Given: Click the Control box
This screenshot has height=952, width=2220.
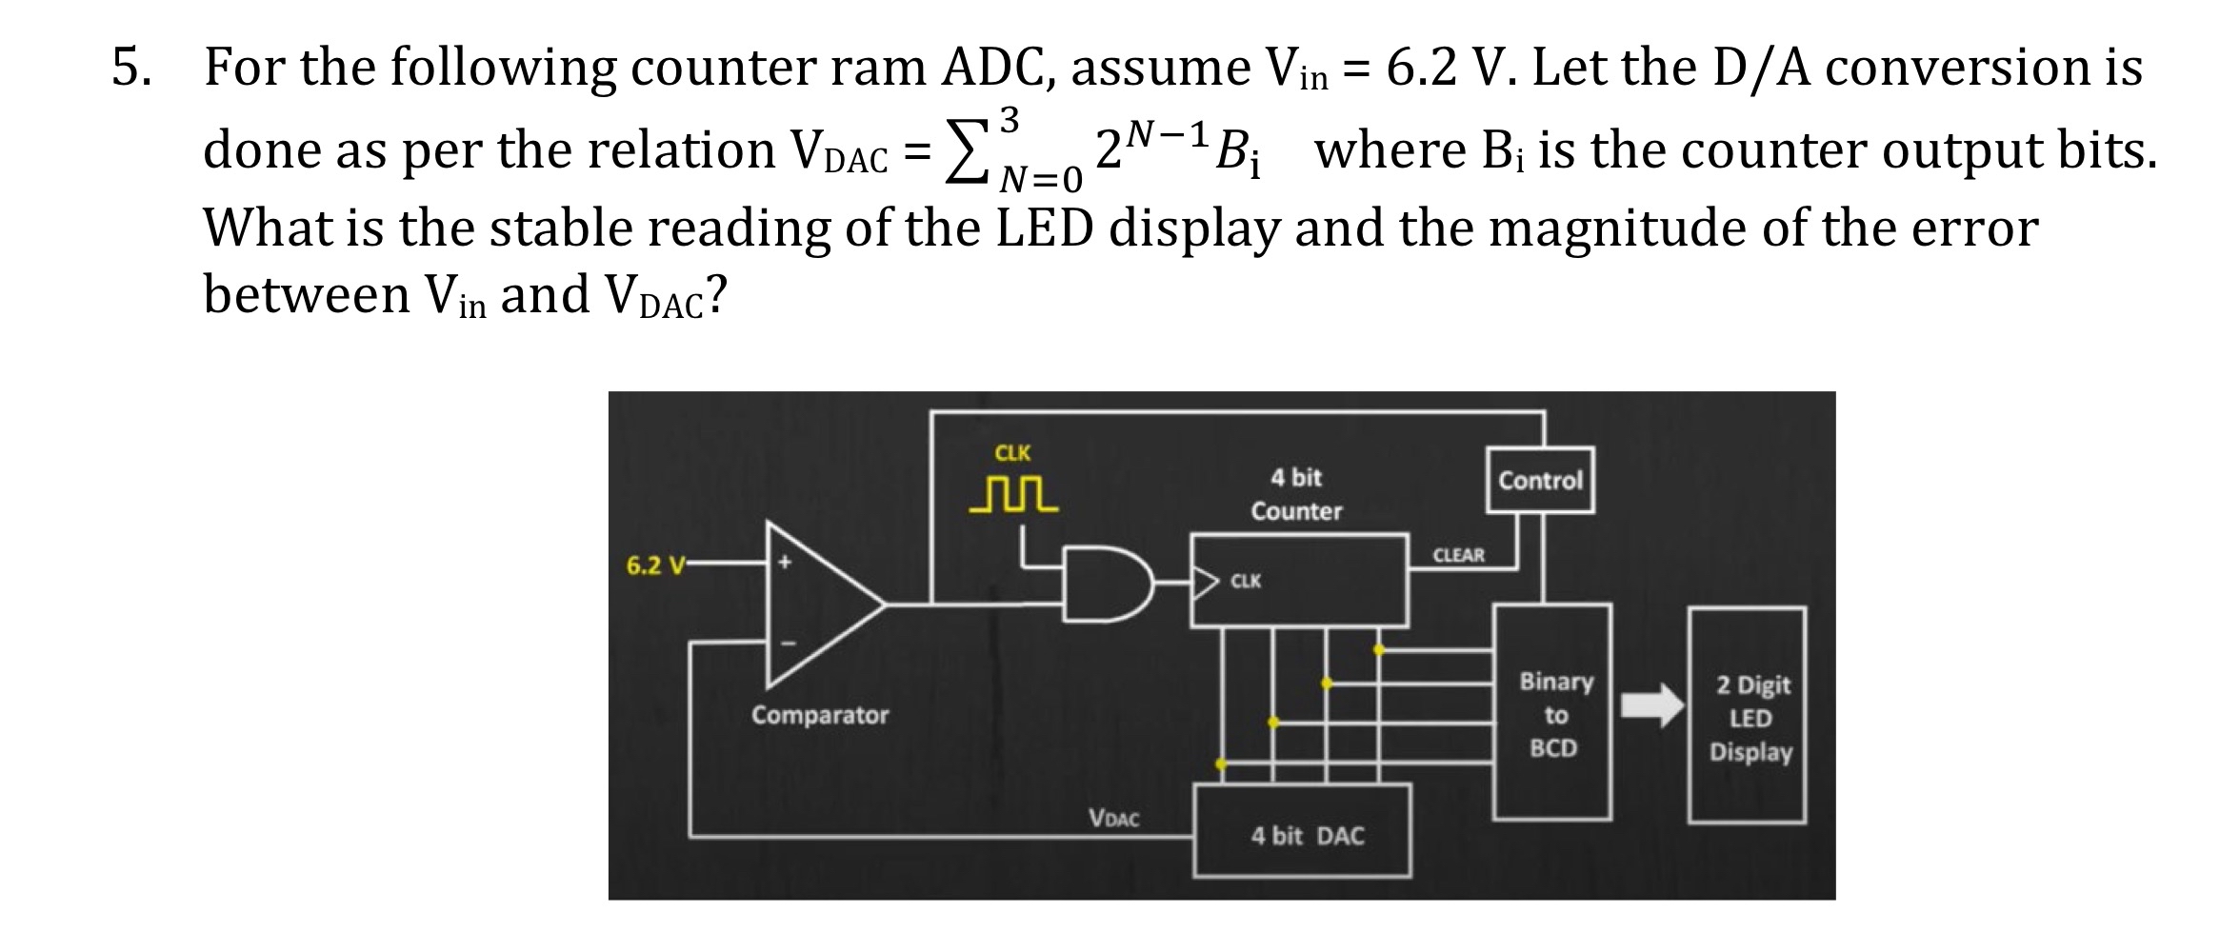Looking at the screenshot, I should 1539,480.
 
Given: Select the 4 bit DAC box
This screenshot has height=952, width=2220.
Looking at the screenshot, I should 1303,832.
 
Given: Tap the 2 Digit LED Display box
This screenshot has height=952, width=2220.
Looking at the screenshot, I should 1748,716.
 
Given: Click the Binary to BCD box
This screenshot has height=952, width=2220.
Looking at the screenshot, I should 1552,713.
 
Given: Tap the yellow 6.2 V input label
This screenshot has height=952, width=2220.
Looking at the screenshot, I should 655,565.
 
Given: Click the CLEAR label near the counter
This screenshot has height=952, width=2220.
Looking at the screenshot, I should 1458,555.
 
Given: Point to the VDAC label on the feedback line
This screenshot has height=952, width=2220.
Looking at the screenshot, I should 1113,817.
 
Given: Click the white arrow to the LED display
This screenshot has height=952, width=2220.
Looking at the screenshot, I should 1652,704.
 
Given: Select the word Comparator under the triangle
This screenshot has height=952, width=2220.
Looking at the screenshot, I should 819,714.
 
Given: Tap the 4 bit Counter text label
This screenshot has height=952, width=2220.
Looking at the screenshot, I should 1296,494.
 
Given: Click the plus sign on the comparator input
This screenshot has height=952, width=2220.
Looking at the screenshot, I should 785,564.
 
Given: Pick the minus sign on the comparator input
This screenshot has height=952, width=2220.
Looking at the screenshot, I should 787,643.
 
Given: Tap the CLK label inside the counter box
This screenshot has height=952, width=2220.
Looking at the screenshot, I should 1246,581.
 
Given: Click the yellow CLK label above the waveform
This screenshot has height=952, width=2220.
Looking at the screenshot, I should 1011,452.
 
